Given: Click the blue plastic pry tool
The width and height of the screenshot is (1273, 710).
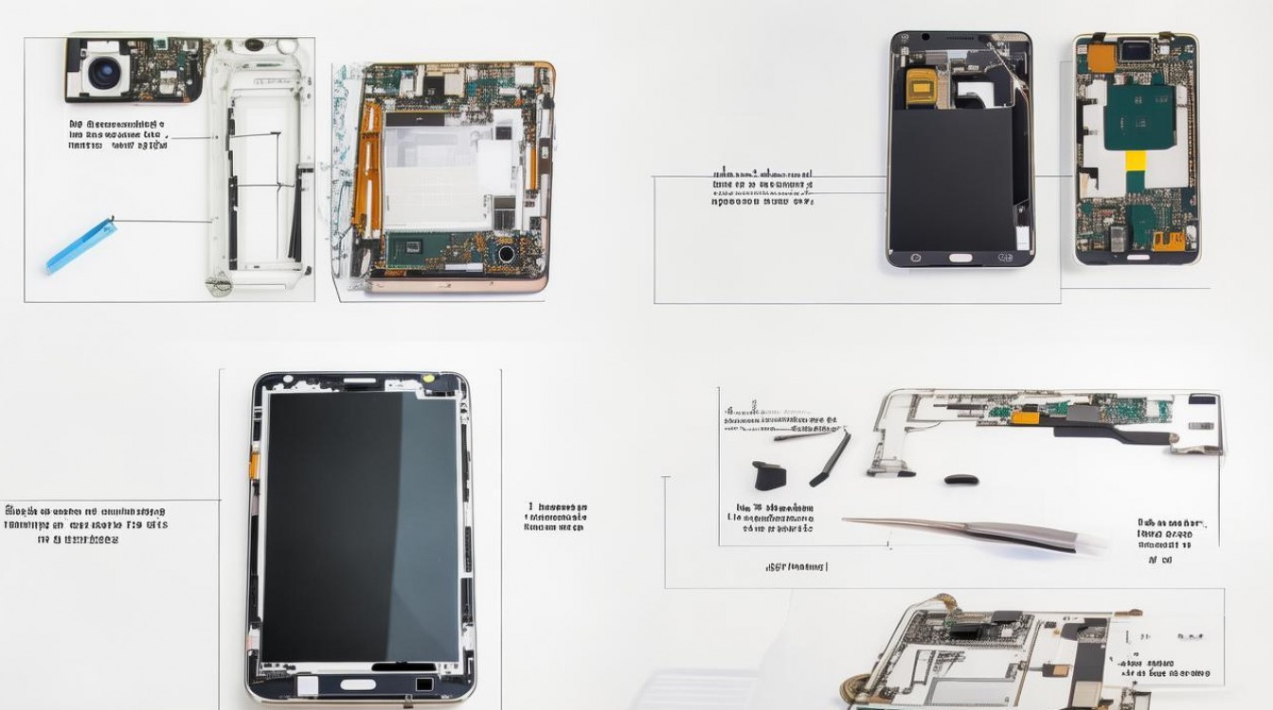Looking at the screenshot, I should pyautogui.click(x=81, y=245).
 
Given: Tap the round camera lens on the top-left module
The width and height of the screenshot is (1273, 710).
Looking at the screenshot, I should pyautogui.click(x=103, y=72).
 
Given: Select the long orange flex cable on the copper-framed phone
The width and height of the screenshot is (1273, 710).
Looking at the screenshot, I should pyautogui.click(x=367, y=170).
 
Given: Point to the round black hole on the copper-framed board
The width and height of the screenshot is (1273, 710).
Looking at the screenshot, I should pyautogui.click(x=506, y=254).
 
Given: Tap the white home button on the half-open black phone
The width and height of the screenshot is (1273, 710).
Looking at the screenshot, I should pyautogui.click(x=960, y=257).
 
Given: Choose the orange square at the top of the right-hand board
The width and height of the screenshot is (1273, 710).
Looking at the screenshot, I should pyautogui.click(x=1100, y=59).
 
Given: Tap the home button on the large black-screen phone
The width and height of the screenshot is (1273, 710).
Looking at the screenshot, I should pyautogui.click(x=357, y=684).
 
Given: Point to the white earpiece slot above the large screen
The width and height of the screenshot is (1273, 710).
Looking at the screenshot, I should pyautogui.click(x=359, y=382).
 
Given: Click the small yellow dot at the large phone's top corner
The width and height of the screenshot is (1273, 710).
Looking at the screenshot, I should pyautogui.click(x=428, y=379).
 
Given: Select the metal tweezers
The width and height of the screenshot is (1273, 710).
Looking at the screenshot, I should pyautogui.click(x=976, y=532).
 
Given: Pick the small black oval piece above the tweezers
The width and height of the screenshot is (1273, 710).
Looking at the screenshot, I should pyautogui.click(x=960, y=479).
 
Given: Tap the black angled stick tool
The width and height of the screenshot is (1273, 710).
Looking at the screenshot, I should pyautogui.click(x=831, y=459).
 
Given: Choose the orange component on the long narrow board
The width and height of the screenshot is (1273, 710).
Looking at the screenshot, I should pyautogui.click(x=1025, y=417).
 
